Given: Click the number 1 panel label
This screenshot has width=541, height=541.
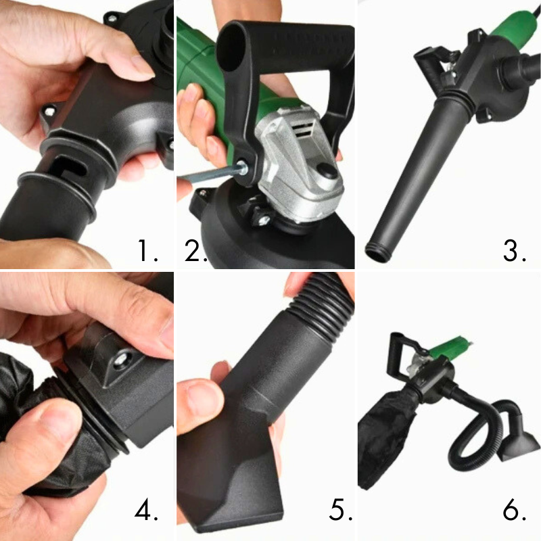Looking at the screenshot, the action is pos(147,250).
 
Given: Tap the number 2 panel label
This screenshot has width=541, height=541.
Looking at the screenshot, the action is pos(195,250).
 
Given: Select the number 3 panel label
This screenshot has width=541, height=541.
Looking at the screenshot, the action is pos(514,250).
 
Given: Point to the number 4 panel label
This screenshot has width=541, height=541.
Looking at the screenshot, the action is pos(146,510).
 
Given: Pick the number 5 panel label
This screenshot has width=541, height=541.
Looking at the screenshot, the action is pos(340,510).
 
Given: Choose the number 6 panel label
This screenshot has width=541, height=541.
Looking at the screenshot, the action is pos(514,510).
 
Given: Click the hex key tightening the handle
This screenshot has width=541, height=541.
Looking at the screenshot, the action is pos(210,173).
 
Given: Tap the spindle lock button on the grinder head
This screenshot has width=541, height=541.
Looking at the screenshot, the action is pos(326,171).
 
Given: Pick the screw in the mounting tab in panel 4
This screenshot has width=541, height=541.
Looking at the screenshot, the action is pos(121,360).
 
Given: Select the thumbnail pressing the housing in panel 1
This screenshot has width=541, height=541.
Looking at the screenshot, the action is pos(141,66).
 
